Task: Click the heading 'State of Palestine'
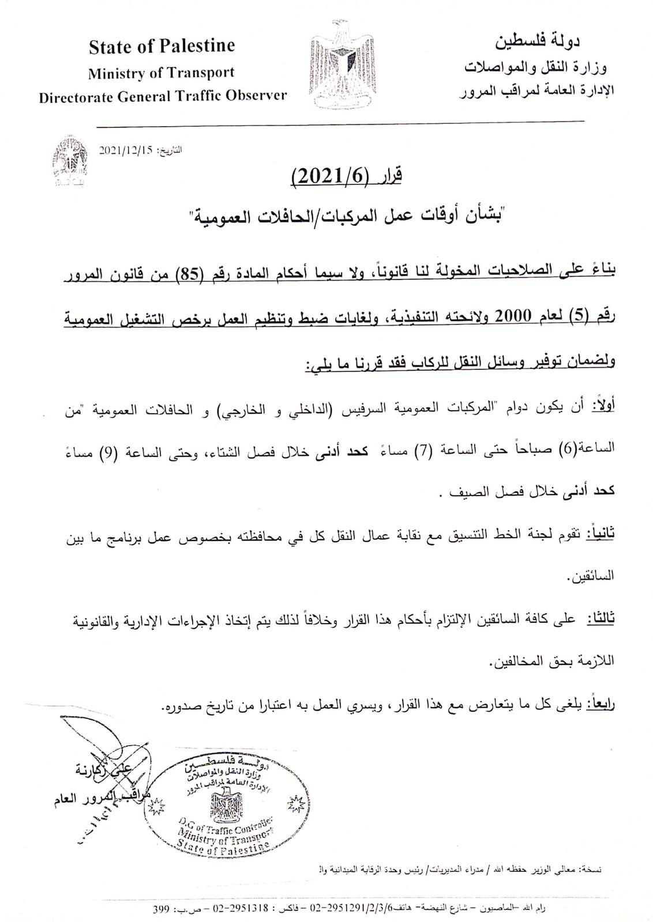pyautogui.click(x=162, y=46)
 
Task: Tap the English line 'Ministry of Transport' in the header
pyautogui.click(x=161, y=73)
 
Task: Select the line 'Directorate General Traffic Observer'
pyautogui.click(x=163, y=96)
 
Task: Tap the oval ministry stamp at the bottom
pyautogui.click(x=226, y=804)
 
